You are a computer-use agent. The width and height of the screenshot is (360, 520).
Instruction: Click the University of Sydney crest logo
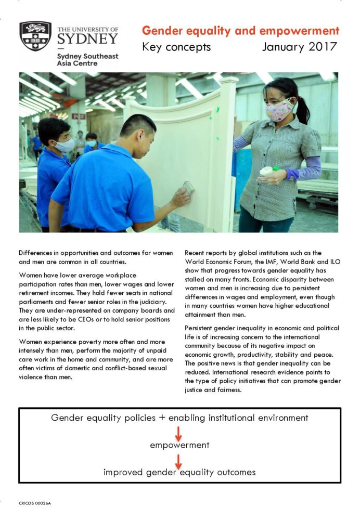tap(35, 36)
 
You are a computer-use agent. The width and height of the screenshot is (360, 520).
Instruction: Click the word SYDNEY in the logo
tap(87, 39)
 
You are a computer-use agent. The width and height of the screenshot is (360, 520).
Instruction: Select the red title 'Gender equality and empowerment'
tap(240, 31)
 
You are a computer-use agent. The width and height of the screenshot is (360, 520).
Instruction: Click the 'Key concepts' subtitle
tap(176, 47)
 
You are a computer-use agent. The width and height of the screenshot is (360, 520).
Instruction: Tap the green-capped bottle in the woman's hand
tap(268, 170)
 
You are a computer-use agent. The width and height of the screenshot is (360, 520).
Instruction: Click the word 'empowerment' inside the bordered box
tap(179, 445)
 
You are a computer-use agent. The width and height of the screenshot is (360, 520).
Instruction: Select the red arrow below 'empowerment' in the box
tap(178, 460)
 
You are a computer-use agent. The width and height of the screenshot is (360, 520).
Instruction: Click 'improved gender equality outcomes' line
tap(179, 472)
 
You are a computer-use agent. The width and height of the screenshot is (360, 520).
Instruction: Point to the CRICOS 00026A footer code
tap(35, 503)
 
